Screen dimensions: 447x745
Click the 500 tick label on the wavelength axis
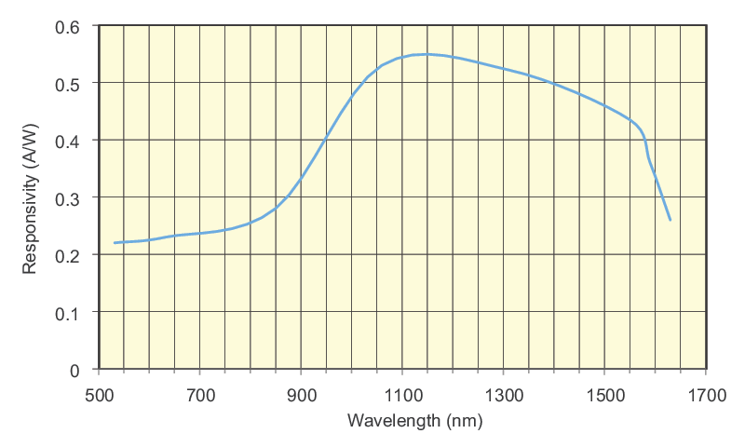[99, 395]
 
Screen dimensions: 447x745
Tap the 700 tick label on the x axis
[200, 395]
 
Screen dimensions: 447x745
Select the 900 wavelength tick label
[301, 395]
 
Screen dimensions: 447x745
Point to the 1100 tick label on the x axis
[402, 395]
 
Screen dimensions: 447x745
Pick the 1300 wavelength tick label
[503, 395]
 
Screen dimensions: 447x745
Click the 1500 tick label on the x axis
[604, 395]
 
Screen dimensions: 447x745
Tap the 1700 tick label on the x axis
[705, 395]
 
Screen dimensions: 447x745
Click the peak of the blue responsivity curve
[424, 54]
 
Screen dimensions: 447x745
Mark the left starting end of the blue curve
[115, 243]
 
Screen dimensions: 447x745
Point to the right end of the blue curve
[670, 221]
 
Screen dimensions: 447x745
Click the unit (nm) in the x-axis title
[463, 421]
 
